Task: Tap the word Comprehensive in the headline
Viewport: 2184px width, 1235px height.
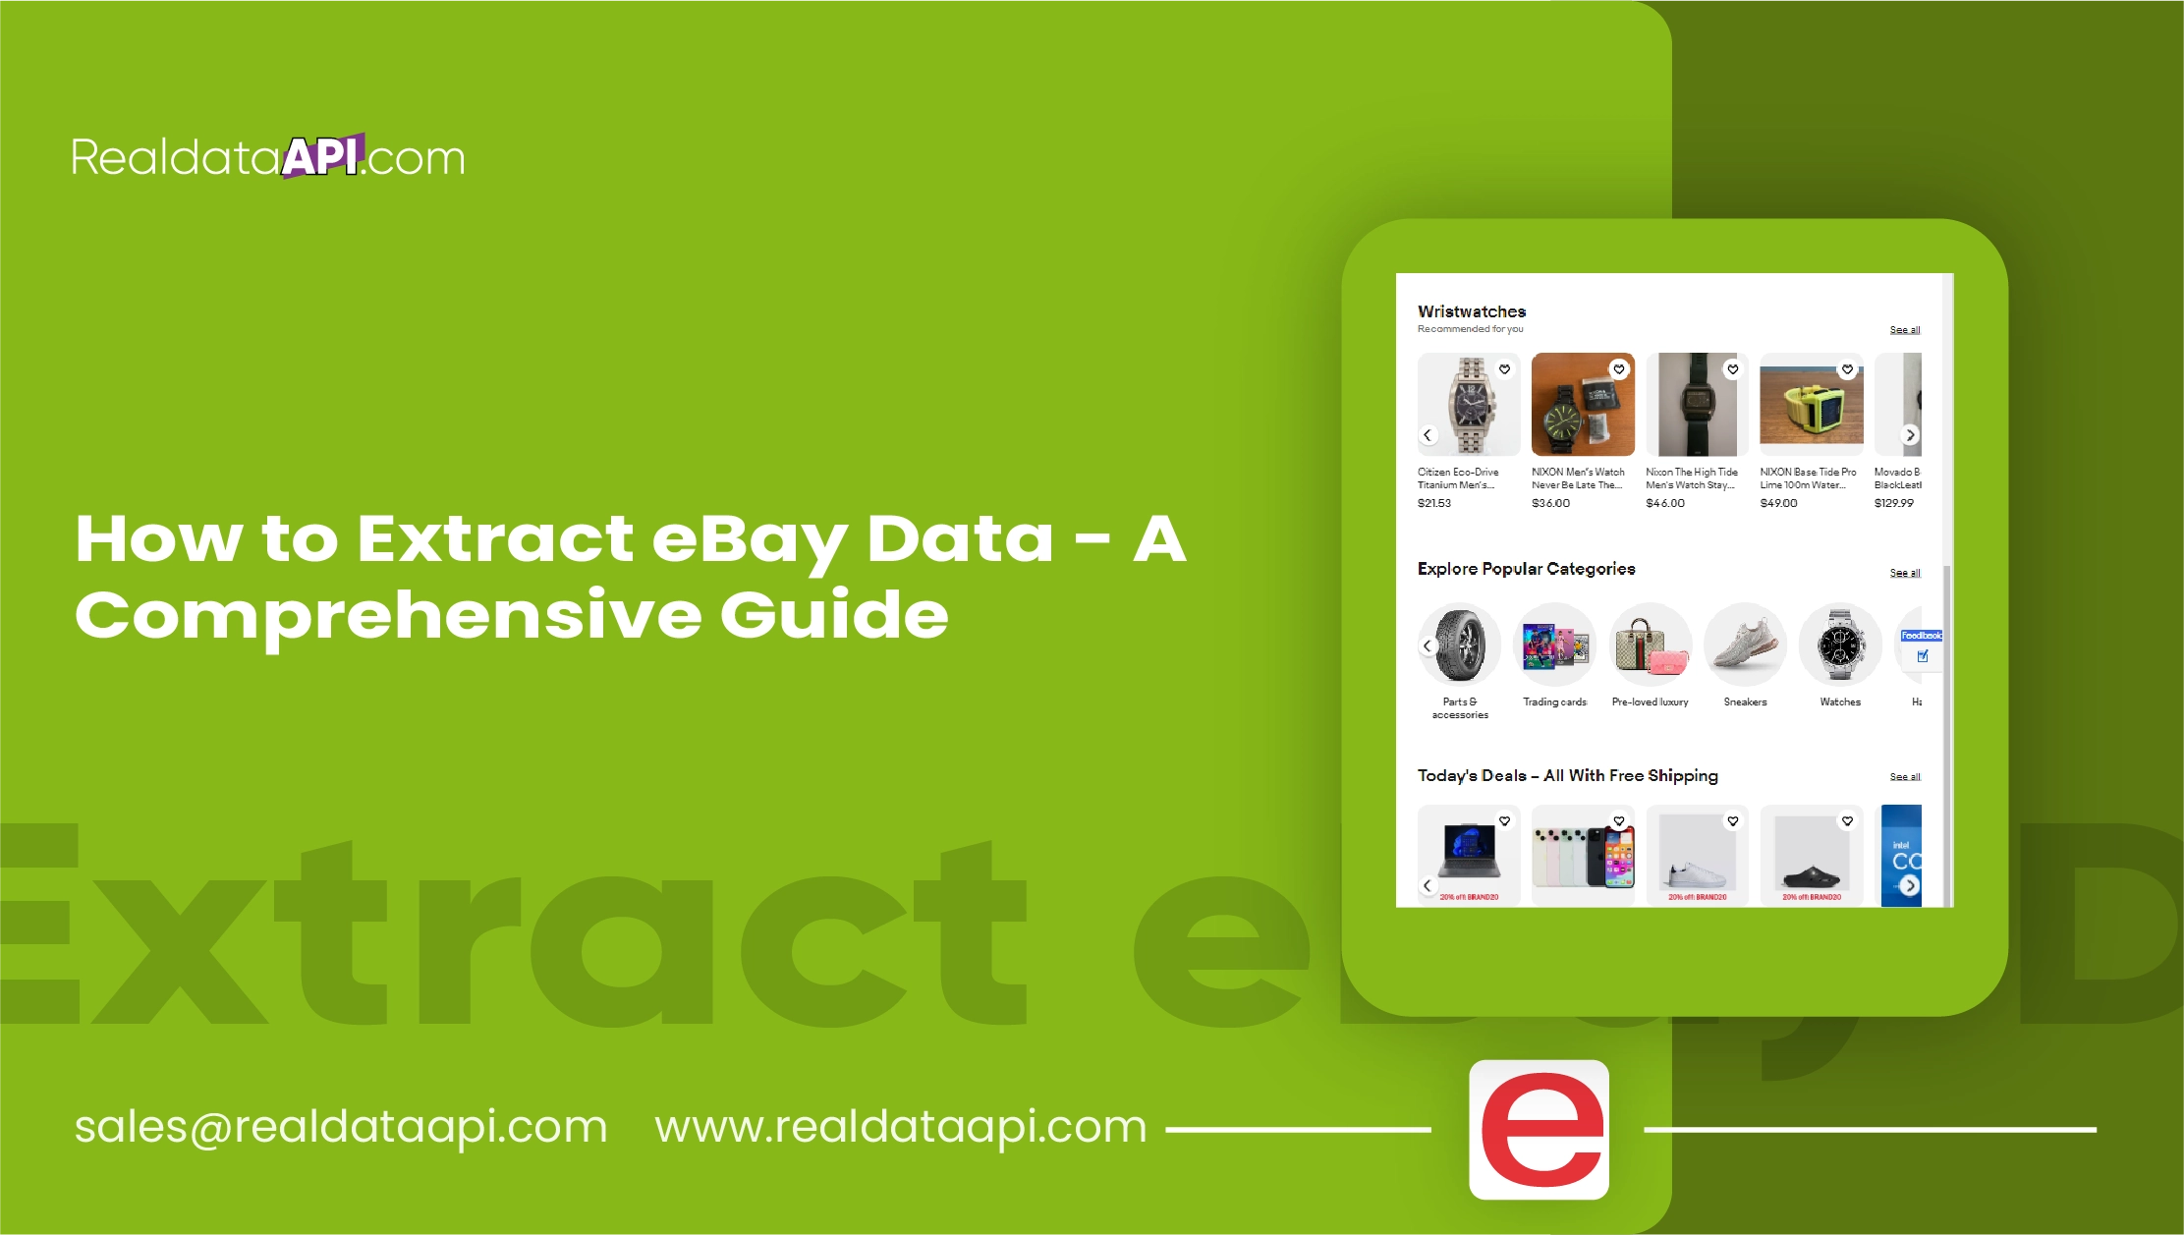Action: [387, 616]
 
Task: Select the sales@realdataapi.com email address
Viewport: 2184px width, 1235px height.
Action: [341, 1126]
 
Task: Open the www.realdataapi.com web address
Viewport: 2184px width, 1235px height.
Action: [900, 1126]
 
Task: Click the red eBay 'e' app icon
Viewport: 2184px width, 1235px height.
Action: [1539, 1130]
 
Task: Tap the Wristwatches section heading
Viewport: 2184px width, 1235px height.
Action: [1471, 311]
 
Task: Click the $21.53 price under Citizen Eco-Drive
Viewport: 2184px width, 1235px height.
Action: [1433, 503]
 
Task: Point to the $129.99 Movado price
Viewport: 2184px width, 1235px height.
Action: [1893, 503]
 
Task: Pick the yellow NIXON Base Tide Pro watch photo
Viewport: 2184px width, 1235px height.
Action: [1811, 405]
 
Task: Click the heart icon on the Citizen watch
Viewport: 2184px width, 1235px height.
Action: [1504, 369]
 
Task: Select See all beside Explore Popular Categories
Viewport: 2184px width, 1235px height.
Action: [1904, 573]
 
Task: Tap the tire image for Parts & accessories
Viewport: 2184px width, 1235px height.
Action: [1459, 645]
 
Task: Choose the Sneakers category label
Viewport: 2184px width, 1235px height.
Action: [1745, 702]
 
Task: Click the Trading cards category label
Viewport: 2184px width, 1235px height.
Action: [1554, 702]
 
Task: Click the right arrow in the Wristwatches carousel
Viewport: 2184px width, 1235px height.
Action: [1910, 434]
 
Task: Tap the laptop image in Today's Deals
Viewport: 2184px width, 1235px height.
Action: [1468, 851]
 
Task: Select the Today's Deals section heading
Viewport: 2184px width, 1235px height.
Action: [1567, 776]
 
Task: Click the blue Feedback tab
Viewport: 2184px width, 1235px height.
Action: [1921, 636]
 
